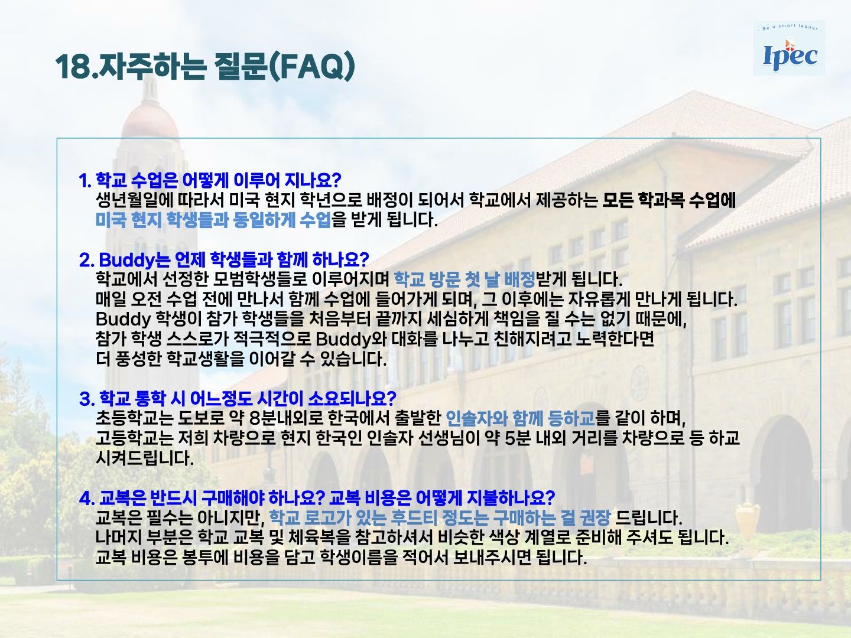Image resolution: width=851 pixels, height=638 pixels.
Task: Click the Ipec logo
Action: click(x=790, y=48)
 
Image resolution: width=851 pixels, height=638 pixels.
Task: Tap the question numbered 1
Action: click(x=210, y=180)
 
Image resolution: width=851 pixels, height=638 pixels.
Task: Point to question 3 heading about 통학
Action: click(x=237, y=398)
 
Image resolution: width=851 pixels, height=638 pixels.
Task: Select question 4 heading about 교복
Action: click(x=317, y=497)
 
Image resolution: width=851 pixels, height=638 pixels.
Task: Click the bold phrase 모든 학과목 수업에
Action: click(x=669, y=200)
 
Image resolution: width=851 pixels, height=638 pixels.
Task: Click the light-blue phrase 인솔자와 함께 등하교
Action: click(x=520, y=418)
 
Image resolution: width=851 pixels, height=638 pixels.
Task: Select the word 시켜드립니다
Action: click(x=144, y=458)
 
